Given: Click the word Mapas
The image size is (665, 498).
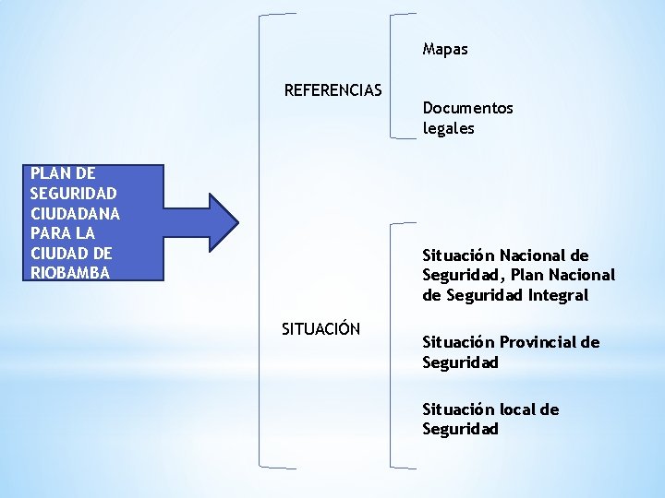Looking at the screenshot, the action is (445, 49).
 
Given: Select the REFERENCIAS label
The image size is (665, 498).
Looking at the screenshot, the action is (332, 90).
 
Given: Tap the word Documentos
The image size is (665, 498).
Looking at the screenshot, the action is (467, 108).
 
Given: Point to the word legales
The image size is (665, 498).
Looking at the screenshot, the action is (448, 128).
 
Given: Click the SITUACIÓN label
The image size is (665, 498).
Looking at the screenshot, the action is (320, 328).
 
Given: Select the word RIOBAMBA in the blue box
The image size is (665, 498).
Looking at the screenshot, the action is (70, 273).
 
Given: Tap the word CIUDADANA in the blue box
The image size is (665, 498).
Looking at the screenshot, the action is (75, 213).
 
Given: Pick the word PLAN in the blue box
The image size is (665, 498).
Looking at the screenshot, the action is (47, 172).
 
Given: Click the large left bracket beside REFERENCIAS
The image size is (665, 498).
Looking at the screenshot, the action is (261, 240).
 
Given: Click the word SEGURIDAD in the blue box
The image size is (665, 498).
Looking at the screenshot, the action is (73, 193).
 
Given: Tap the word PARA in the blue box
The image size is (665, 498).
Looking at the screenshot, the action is (48, 233).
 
